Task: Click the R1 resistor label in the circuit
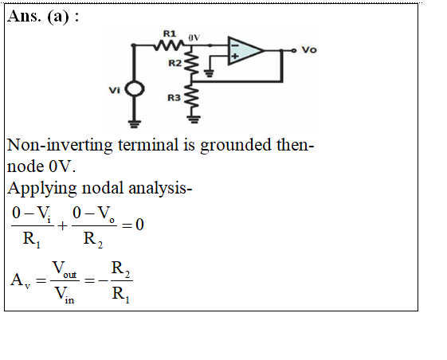tap(170, 33)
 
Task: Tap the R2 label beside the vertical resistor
tap(174, 63)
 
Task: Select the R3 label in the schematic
tap(174, 98)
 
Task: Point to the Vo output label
tap(309, 50)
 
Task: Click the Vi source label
tap(115, 90)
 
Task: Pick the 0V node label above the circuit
tap(194, 37)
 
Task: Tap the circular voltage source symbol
tap(135, 88)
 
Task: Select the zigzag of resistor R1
tap(169, 45)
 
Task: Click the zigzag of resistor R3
tap(193, 97)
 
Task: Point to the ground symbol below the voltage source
tap(135, 124)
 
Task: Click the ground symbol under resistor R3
tap(194, 119)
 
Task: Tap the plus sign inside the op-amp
tap(235, 57)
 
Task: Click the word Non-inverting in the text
tap(60, 145)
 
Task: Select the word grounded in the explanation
tap(236, 146)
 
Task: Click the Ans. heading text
tap(24, 16)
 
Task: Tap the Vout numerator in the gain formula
tap(65, 268)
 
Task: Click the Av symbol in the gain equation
tap(20, 280)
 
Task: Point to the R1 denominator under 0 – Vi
tap(32, 240)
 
